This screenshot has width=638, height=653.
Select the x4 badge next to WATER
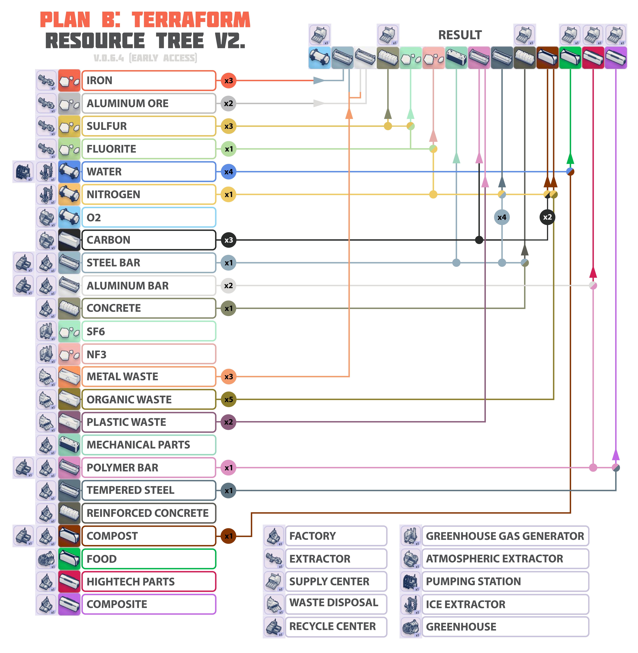[x=229, y=172]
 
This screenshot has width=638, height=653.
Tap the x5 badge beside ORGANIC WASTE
[x=229, y=399]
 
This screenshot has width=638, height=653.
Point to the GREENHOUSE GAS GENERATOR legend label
[x=505, y=536]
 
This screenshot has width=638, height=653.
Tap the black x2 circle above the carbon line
[x=547, y=217]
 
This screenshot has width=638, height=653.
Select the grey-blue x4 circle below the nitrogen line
[x=502, y=217]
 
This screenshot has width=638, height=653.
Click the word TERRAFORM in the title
[x=191, y=20]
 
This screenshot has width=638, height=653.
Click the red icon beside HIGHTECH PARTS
[x=69, y=581]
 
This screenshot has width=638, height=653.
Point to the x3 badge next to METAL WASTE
[x=229, y=377]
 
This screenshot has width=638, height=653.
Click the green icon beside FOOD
[x=69, y=558]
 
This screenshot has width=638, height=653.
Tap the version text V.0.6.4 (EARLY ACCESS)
[x=145, y=58]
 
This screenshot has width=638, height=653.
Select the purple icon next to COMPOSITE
[x=69, y=604]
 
